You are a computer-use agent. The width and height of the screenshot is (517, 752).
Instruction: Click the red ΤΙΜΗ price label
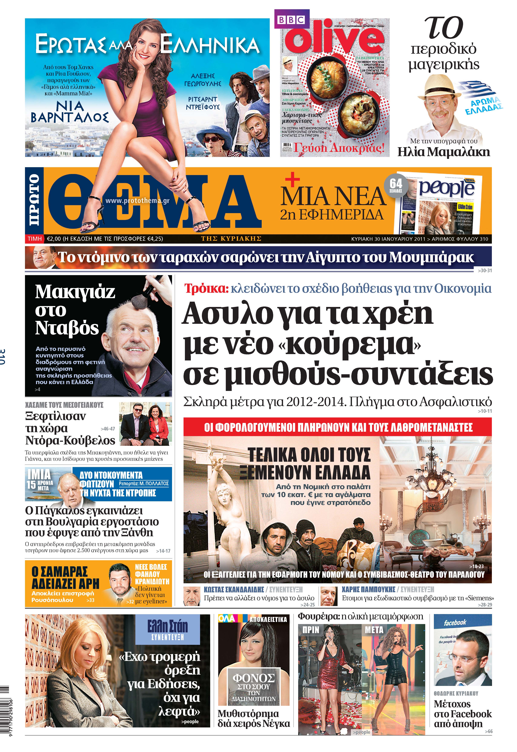(35, 239)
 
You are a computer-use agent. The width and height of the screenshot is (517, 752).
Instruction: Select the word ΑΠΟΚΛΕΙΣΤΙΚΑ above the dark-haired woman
(268, 619)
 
